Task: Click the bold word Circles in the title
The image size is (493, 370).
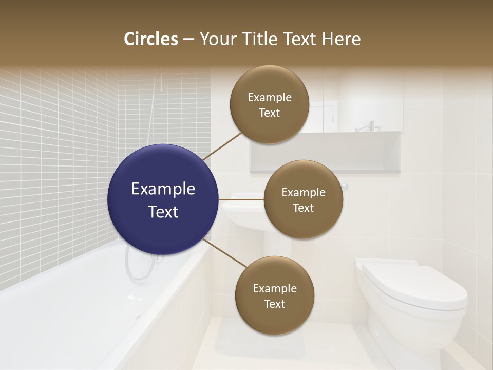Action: click(x=151, y=39)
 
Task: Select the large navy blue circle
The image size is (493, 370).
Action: click(x=163, y=199)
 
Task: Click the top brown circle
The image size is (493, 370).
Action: click(x=269, y=104)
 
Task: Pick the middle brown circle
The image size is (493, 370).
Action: click(x=303, y=199)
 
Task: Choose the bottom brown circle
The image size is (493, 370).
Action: click(x=274, y=295)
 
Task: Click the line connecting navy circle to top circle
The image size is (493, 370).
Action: click(x=222, y=146)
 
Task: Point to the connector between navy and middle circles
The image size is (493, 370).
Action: click(x=241, y=199)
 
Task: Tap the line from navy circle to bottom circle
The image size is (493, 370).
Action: click(x=224, y=253)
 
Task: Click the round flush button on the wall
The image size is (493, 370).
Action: click(x=345, y=187)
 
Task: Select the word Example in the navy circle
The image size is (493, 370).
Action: click(x=163, y=189)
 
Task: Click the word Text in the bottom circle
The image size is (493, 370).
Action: click(x=274, y=304)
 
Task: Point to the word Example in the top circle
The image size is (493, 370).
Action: click(x=269, y=97)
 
